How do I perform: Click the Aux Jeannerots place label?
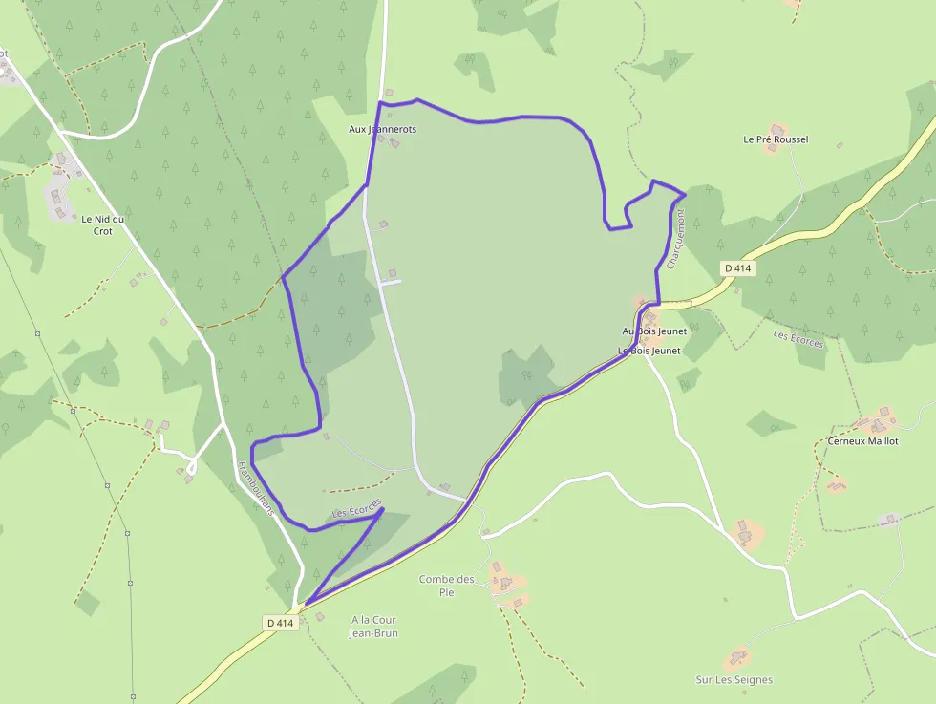[x=383, y=129]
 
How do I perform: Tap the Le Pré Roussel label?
[x=776, y=139]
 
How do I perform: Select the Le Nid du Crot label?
[x=103, y=224]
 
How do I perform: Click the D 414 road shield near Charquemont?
[x=738, y=268]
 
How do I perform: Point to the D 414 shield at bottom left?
[x=280, y=623]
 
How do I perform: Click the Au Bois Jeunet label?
[x=654, y=331]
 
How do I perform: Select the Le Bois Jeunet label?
[x=649, y=351]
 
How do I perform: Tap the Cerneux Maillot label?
[x=862, y=441]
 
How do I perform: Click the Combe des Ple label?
[x=446, y=586]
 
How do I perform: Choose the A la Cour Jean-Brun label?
[x=373, y=626]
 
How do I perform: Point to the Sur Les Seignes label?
[x=734, y=680]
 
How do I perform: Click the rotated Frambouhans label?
[x=256, y=488]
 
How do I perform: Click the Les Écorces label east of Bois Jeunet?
[x=798, y=338]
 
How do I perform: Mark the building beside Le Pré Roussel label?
[x=779, y=127]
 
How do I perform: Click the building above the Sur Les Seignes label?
[x=737, y=658]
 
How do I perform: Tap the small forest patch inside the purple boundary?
[x=526, y=376]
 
